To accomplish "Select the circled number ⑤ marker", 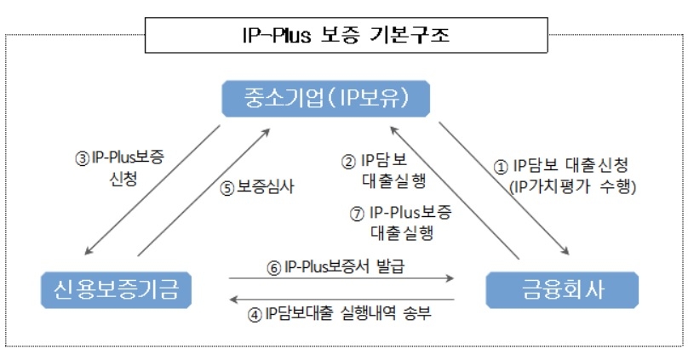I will (x=227, y=189).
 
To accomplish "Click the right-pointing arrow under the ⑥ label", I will (x=341, y=278).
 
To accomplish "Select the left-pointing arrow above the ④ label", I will (x=341, y=300).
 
